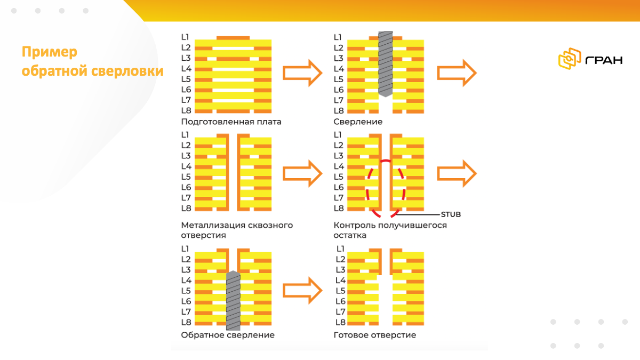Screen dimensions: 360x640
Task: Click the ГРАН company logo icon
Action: pos(569,59)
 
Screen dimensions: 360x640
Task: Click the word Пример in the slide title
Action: pos(50,52)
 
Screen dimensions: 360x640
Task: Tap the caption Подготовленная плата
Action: pos(231,122)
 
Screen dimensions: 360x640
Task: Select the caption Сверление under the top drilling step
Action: pos(358,122)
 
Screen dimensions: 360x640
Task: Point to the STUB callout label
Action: pos(450,214)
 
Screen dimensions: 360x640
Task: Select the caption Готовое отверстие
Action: pos(374,335)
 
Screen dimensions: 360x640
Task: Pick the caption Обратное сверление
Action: pos(228,335)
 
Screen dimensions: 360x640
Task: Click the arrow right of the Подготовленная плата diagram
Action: pos(302,73)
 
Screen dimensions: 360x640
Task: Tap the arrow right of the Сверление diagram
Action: pos(457,73)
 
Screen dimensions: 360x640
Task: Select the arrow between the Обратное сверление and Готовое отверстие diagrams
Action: pos(302,291)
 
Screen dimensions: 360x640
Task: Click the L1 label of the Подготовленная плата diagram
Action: pos(186,37)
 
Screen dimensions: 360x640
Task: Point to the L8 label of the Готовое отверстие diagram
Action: pos(340,322)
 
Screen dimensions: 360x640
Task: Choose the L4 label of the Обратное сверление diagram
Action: pos(186,280)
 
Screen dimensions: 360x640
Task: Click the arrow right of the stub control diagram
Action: pos(457,174)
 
